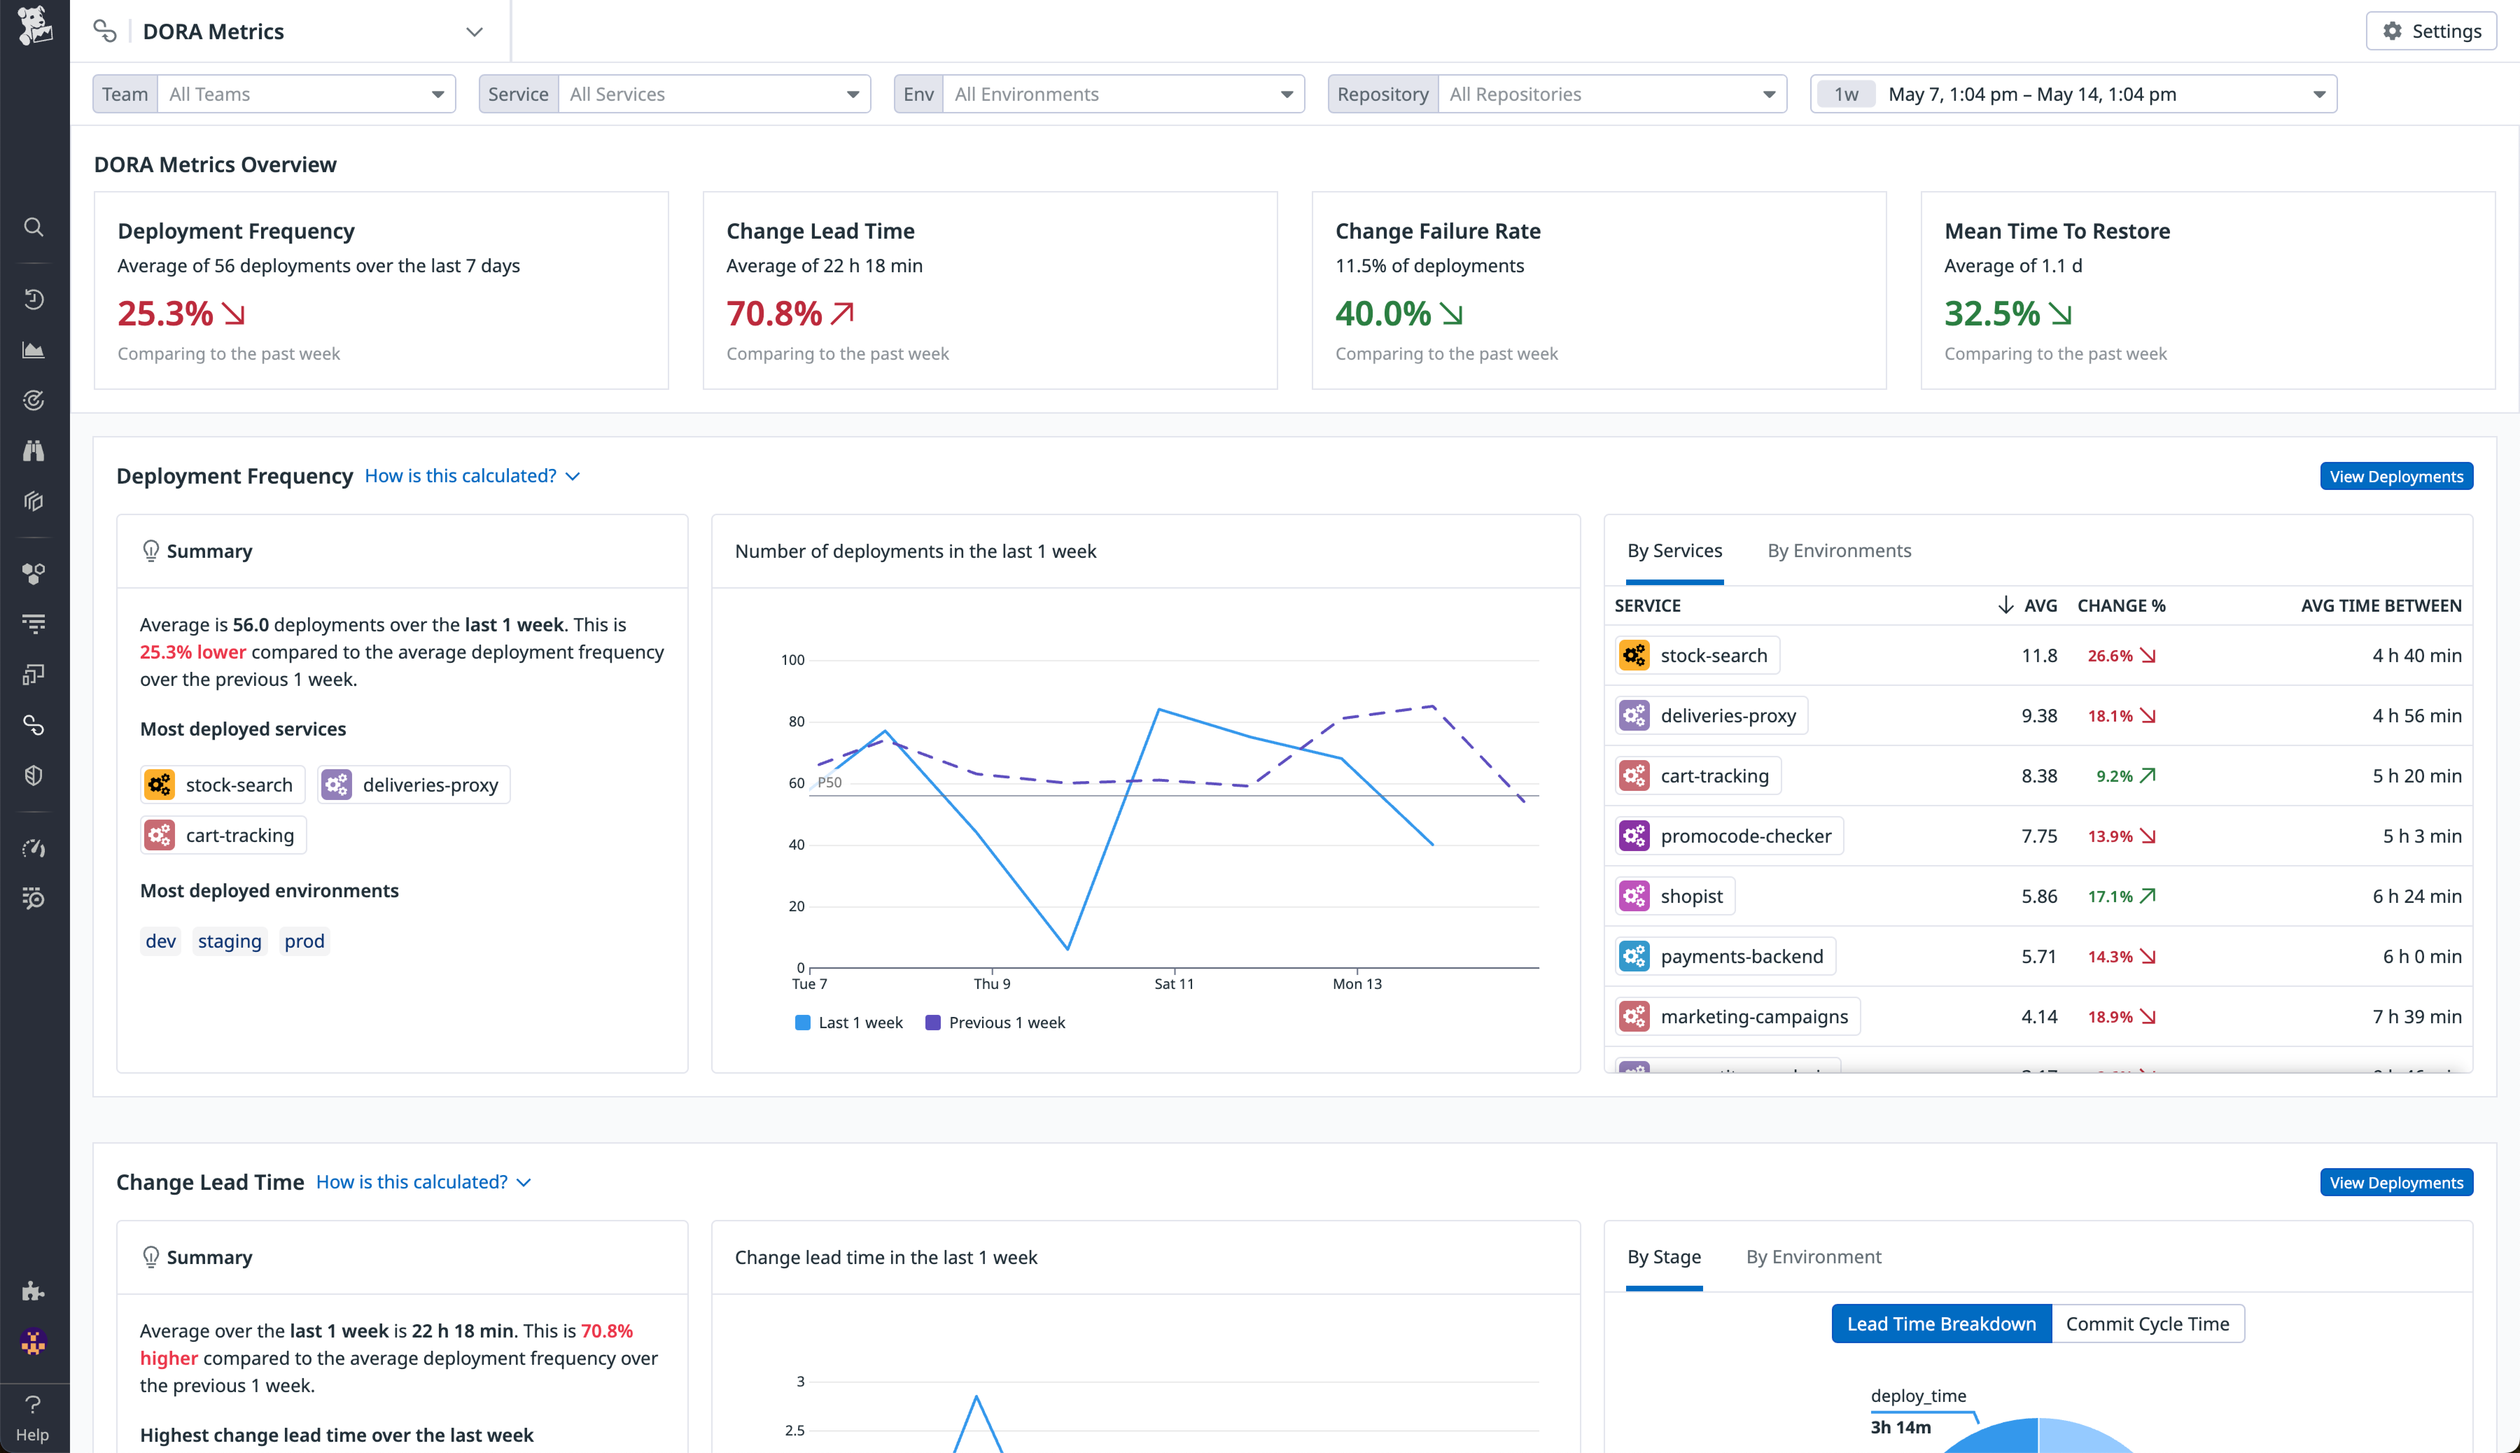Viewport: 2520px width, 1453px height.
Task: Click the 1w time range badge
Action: point(1845,94)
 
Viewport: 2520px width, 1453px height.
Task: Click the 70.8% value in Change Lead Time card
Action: point(773,313)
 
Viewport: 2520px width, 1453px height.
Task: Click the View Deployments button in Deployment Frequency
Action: point(2395,476)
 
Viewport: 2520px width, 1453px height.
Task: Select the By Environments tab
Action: point(1838,551)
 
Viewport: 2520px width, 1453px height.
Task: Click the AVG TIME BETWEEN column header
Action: point(2380,606)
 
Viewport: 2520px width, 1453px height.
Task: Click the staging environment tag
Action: point(230,941)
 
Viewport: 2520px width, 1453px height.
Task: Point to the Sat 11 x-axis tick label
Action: point(1174,984)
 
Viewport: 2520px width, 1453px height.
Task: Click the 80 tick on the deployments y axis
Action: point(796,722)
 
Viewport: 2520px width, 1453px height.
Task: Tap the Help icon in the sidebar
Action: point(33,1417)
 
